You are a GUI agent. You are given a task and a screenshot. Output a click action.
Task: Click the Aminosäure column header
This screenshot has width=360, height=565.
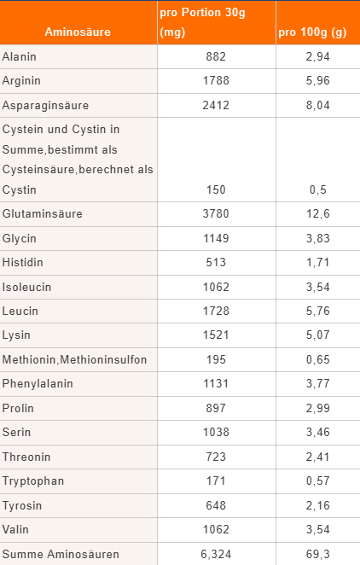pyautogui.click(x=78, y=32)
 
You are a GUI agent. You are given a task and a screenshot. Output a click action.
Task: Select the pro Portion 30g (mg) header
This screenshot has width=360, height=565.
pyautogui.click(x=202, y=22)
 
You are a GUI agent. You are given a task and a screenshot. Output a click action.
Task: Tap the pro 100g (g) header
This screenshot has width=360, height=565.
pyautogui.click(x=312, y=32)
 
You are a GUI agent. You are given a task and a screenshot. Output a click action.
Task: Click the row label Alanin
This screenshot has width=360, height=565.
pyautogui.click(x=19, y=56)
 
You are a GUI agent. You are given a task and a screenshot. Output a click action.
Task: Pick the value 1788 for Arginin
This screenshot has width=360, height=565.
pyautogui.click(x=216, y=80)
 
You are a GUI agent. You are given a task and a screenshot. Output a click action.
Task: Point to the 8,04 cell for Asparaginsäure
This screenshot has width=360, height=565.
pyautogui.click(x=318, y=105)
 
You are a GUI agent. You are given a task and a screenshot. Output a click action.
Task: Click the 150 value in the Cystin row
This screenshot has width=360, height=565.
pyautogui.click(x=216, y=189)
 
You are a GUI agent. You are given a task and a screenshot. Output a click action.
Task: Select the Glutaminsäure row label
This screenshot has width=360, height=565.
pyautogui.click(x=43, y=213)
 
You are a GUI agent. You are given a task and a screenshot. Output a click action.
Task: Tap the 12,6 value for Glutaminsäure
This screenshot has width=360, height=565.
pyautogui.click(x=318, y=213)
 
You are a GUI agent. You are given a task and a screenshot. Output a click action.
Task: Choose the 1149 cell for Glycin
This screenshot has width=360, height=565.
pyautogui.click(x=216, y=238)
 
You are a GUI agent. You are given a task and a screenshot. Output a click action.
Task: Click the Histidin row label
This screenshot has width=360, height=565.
pyautogui.click(x=23, y=262)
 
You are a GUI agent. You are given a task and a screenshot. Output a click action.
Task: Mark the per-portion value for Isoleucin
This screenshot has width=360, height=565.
pyautogui.click(x=216, y=287)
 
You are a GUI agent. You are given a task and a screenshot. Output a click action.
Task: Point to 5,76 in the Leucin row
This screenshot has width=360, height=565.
pyautogui.click(x=318, y=311)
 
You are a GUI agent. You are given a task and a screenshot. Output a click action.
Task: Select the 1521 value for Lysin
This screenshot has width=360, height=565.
pyautogui.click(x=216, y=335)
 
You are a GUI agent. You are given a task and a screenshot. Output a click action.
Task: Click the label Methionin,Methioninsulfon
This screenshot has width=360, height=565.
pyautogui.click(x=74, y=359)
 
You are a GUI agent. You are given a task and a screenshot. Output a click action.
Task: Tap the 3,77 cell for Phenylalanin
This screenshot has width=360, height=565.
pyautogui.click(x=318, y=383)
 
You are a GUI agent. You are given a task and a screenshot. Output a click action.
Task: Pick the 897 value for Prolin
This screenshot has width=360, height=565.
pyautogui.click(x=216, y=408)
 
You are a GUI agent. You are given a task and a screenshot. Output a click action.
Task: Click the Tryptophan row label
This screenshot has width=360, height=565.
pyautogui.click(x=33, y=481)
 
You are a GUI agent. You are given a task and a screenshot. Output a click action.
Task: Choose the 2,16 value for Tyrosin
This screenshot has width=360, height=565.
pyautogui.click(x=318, y=505)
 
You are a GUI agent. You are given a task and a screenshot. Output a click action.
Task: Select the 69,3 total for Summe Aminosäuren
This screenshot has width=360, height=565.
pyautogui.click(x=318, y=554)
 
